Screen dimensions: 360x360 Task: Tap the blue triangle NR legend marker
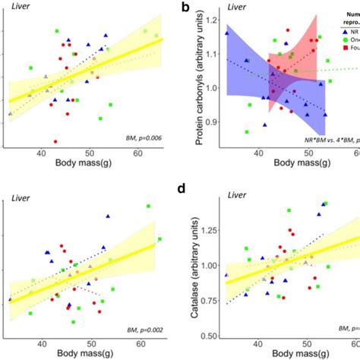(x=324, y=33)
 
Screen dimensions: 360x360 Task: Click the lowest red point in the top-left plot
(x=55, y=141)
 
